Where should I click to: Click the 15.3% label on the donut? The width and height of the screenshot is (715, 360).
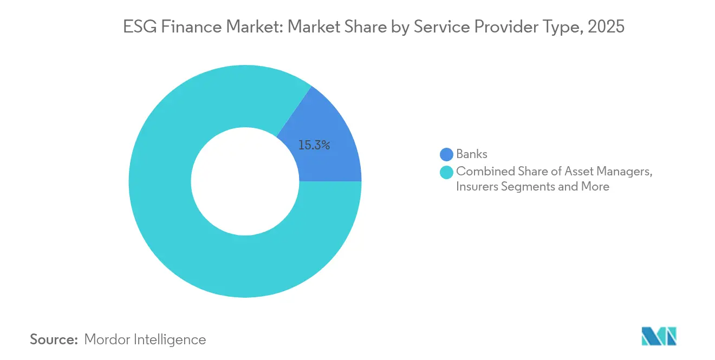point(314,145)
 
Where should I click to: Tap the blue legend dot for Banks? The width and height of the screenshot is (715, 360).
point(446,155)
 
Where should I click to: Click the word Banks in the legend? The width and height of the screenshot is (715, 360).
point(472,155)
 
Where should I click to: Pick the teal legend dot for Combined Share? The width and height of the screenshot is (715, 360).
point(446,173)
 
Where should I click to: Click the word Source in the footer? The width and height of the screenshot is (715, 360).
point(53,340)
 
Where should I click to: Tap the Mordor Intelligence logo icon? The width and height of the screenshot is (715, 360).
point(659,336)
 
